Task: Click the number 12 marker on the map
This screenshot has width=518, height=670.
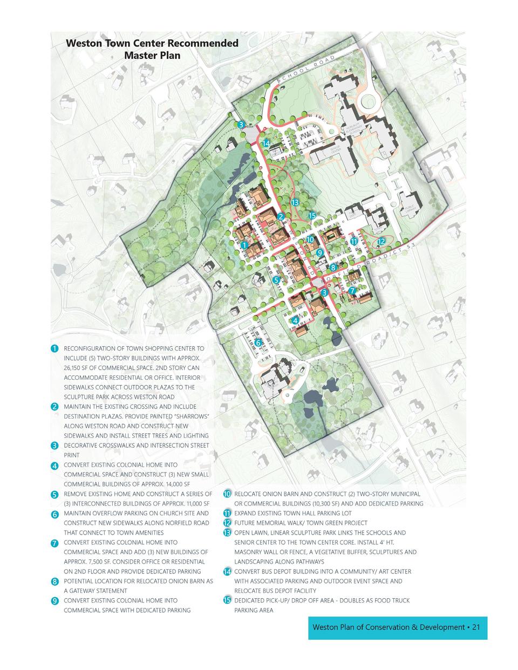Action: [x=381, y=241]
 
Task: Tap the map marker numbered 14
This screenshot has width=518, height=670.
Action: [x=266, y=143]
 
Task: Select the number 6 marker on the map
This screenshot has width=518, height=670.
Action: [x=258, y=343]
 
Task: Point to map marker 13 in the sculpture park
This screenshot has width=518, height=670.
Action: [x=295, y=202]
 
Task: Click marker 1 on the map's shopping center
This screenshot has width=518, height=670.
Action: [x=244, y=245]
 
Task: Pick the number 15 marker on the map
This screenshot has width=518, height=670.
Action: [x=312, y=216]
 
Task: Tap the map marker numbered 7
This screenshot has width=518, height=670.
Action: [x=352, y=291]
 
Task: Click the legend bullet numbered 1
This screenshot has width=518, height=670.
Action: [x=54, y=348]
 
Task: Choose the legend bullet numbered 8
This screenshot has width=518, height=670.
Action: [x=54, y=582]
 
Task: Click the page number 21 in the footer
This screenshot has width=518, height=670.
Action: [x=475, y=627]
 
